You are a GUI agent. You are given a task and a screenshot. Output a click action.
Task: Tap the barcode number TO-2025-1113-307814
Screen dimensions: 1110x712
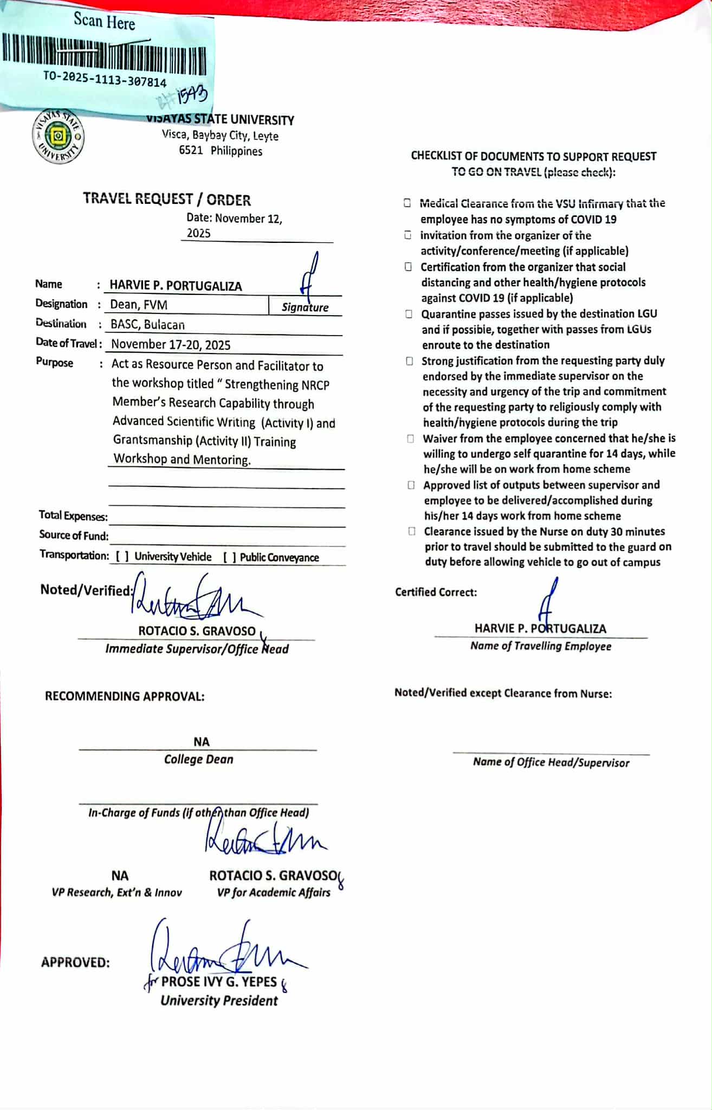tap(105, 80)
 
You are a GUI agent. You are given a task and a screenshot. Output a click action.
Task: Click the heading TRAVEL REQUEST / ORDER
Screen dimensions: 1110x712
tap(167, 200)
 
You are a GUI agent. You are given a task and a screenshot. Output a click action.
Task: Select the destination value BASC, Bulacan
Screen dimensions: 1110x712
tap(147, 325)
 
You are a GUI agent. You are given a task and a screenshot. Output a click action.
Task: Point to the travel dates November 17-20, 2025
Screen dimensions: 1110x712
tap(171, 345)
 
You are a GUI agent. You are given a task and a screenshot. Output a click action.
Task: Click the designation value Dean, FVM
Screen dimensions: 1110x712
tap(139, 305)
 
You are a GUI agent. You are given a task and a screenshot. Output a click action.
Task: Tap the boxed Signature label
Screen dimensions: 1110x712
tap(305, 307)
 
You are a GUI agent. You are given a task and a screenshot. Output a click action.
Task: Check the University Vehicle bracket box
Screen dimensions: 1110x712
tap(122, 557)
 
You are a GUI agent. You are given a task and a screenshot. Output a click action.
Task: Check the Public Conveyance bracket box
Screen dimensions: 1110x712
tap(230, 557)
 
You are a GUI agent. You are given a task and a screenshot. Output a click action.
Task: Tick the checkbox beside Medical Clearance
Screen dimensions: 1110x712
tap(407, 203)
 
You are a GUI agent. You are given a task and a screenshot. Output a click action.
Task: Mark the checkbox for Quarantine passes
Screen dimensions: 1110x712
tap(409, 314)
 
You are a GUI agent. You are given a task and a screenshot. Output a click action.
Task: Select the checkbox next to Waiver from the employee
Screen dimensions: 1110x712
tap(411, 438)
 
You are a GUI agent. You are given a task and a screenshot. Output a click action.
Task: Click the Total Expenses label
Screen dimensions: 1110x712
tap(73, 516)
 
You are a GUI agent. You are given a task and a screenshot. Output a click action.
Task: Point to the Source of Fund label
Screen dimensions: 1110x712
tap(74, 535)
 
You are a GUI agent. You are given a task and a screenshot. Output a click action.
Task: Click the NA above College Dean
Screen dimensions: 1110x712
tap(201, 742)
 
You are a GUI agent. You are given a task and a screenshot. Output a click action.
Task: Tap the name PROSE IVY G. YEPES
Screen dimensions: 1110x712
tap(219, 982)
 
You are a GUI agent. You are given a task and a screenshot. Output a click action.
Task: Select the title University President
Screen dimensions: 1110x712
tap(219, 1001)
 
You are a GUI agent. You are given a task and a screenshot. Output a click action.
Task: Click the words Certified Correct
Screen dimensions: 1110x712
tap(436, 592)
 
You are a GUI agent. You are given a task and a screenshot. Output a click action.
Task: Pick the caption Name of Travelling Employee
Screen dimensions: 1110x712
tap(541, 646)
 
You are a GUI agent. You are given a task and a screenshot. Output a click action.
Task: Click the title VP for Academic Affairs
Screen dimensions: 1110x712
tap(274, 893)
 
